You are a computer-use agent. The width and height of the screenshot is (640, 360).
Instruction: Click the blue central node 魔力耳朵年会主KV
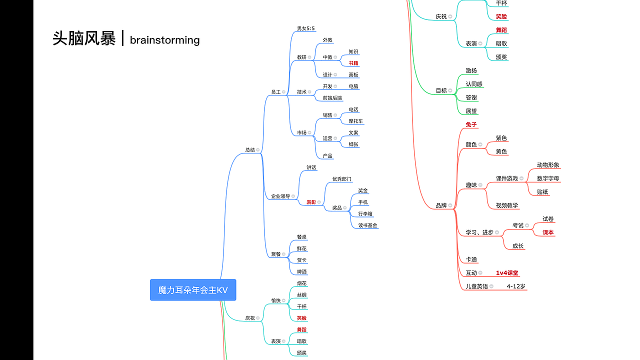coord(193,289)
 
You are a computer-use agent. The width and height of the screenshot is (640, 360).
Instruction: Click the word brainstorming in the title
coord(165,40)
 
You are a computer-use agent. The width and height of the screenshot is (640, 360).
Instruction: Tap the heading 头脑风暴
coord(84,38)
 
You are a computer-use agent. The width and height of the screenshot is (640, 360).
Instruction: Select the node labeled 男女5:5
coord(305,28)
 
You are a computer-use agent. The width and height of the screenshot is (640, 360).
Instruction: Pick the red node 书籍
coord(353,63)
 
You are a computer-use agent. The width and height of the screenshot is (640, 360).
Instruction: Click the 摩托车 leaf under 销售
coord(355,121)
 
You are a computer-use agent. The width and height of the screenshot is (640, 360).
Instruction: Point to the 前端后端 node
coord(332,97)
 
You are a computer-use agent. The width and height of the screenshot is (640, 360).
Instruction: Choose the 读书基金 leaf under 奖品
coord(367,225)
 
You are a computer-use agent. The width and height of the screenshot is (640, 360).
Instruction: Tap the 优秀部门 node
coord(341,179)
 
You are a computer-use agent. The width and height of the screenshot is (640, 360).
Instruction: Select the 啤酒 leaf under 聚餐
coord(301,271)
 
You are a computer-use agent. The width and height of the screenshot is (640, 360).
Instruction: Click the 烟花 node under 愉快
coord(301,283)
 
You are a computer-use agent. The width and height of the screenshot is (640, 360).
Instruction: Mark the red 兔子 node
coord(471,124)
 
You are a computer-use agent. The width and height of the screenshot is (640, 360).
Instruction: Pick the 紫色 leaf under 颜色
coord(501,138)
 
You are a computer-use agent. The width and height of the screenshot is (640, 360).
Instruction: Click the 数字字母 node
coord(548,178)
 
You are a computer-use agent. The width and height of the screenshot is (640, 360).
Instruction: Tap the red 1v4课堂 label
coord(507,273)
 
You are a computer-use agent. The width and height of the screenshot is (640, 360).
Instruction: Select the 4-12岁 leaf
coord(516,286)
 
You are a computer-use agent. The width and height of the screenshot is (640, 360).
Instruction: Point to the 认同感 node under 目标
coord(474,84)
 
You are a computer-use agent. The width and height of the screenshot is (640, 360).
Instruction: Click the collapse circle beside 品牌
coord(450,205)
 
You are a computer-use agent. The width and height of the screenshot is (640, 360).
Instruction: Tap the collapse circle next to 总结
coord(257,149)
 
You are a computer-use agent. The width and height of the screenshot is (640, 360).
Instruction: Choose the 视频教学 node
coord(507,205)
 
